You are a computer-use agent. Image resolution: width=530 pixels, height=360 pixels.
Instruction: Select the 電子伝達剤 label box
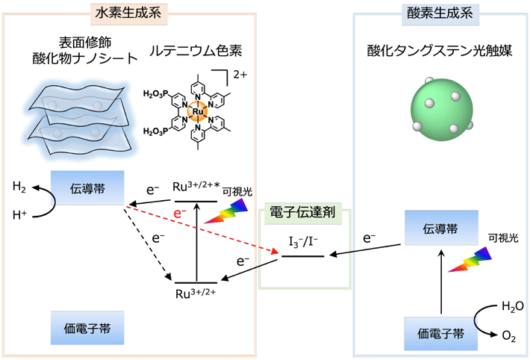305,213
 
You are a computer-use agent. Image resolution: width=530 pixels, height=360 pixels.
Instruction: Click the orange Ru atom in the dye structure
197,114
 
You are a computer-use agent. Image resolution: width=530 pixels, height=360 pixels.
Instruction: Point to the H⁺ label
20,217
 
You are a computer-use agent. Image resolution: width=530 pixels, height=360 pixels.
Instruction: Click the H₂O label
511,305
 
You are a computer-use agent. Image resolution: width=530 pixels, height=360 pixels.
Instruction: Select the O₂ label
508,338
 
